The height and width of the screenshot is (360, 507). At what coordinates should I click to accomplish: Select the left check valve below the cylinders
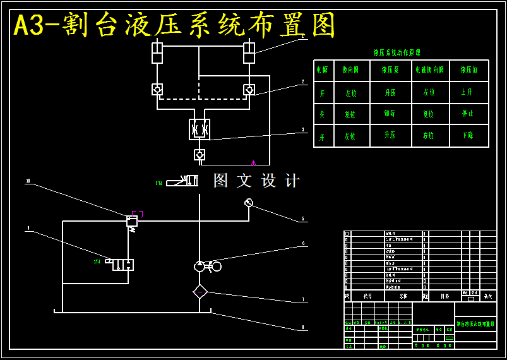pyautogui.click(x=157, y=90)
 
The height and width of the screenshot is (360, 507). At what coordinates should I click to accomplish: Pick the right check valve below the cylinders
pyautogui.click(x=249, y=90)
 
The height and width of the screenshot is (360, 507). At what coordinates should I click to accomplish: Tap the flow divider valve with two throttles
pyautogui.click(x=200, y=129)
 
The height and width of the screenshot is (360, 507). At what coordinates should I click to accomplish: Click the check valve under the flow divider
pyautogui.click(x=200, y=154)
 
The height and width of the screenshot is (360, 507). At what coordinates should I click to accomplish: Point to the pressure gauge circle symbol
pyautogui.click(x=249, y=203)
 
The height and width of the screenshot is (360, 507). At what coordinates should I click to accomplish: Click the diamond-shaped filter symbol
pyautogui.click(x=200, y=291)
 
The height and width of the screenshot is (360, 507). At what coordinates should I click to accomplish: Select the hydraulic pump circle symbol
pyautogui.click(x=200, y=266)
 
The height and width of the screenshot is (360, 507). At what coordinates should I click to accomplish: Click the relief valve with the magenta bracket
pyautogui.click(x=132, y=221)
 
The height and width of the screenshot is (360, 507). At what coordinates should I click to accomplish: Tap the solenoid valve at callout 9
pyautogui.click(x=123, y=265)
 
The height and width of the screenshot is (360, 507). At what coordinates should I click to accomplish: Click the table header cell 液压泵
pyautogui.click(x=390, y=70)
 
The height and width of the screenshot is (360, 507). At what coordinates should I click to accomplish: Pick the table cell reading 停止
pyautogui.click(x=467, y=114)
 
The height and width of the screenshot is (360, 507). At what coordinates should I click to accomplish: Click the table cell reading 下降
pyautogui.click(x=467, y=136)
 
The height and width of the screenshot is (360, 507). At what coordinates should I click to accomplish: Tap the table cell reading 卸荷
pyautogui.click(x=390, y=114)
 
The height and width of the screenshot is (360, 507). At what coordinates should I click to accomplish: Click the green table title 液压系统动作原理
pyautogui.click(x=397, y=53)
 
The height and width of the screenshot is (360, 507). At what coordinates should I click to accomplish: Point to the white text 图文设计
pyautogui.click(x=256, y=181)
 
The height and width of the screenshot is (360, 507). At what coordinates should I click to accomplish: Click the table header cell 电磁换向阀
pyautogui.click(x=429, y=70)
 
